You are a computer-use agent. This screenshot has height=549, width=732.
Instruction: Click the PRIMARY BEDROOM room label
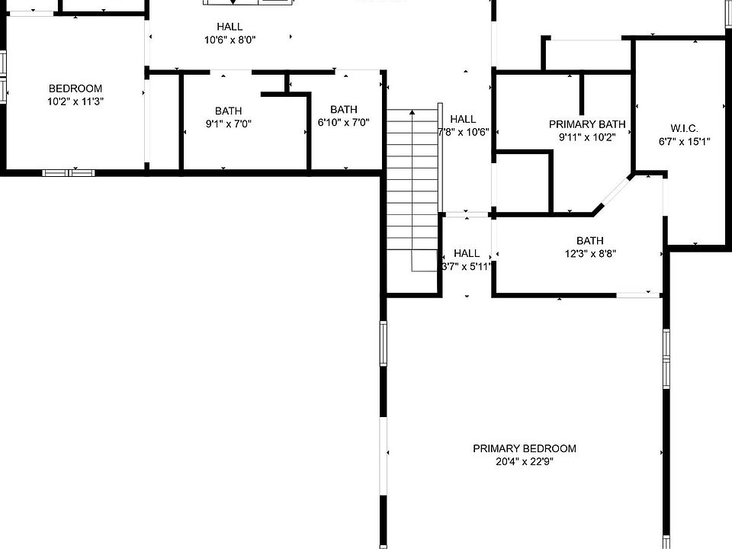[524, 448]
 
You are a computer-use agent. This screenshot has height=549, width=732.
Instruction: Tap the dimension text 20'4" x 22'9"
[524, 461]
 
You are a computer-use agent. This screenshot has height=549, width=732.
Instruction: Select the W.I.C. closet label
[684, 128]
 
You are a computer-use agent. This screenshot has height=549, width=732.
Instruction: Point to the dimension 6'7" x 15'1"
[684, 141]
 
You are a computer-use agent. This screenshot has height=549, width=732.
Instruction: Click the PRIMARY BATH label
[587, 124]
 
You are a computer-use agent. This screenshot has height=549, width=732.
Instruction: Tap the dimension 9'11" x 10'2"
[587, 137]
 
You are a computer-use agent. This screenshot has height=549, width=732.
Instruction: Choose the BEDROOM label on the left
[75, 88]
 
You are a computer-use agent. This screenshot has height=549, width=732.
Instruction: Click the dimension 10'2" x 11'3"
[75, 101]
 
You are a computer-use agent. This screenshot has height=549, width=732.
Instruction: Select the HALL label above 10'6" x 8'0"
[230, 27]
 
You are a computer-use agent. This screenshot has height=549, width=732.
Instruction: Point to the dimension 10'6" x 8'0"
[230, 40]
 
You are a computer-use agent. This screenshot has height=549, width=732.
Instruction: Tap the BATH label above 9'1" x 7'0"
[228, 111]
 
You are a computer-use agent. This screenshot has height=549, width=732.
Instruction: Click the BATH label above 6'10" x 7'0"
[344, 110]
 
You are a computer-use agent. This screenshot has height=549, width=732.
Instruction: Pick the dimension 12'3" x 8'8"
[590, 254]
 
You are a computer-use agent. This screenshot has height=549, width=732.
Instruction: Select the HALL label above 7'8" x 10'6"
[463, 119]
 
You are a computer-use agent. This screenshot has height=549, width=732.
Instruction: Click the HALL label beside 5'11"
[467, 253]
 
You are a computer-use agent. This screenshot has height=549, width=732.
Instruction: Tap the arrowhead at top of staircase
[413, 112]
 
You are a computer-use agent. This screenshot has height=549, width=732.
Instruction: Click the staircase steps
[413, 183]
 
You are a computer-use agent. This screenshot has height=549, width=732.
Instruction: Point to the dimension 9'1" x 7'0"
[228, 124]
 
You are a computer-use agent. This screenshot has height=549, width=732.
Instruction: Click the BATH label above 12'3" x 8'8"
[590, 241]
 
